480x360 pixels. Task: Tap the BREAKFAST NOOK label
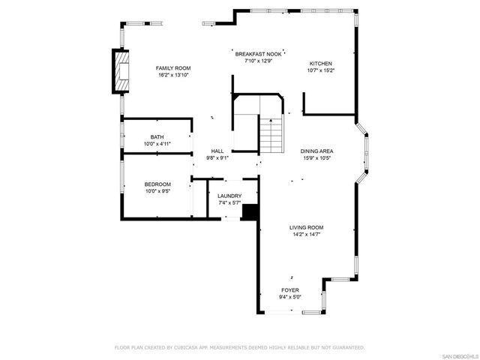258,54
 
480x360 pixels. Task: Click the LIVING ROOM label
307,227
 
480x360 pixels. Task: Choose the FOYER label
289,290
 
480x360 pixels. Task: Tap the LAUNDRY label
229,196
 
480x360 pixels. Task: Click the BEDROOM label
157,184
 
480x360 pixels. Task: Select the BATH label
157,137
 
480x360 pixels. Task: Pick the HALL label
217,151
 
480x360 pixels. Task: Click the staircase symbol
272,135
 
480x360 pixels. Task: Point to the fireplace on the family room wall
119,72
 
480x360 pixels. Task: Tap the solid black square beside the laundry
250,212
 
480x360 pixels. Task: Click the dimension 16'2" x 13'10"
173,75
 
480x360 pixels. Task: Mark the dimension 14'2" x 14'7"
307,235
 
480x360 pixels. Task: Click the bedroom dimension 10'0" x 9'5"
157,191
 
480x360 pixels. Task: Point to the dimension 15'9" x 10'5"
317,158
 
